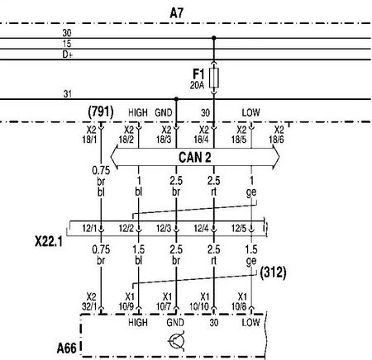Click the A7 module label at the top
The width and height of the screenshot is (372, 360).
(176, 13)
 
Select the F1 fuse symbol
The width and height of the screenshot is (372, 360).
(214, 78)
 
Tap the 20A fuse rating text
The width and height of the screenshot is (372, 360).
(197, 85)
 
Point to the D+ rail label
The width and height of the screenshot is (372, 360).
(68, 54)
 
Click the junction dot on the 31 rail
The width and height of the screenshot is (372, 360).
(176, 99)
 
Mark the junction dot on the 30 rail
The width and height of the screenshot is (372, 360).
(214, 38)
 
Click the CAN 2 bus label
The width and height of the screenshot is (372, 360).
(195, 158)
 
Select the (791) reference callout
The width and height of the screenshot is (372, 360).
(101, 111)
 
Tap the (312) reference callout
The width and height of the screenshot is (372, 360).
(273, 272)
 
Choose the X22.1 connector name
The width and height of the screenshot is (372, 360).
(49, 242)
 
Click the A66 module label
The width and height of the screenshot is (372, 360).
(66, 348)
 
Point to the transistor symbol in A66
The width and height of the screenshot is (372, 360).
(176, 342)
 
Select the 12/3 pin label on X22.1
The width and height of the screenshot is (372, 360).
(164, 228)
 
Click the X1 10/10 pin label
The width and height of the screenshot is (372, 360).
(199, 301)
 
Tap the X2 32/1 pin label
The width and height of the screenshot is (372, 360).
(89, 301)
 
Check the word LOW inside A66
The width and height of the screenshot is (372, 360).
(250, 322)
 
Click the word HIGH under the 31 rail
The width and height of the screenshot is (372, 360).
(138, 112)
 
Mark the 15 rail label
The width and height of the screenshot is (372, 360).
(67, 44)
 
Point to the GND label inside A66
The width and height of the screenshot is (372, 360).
(175, 322)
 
